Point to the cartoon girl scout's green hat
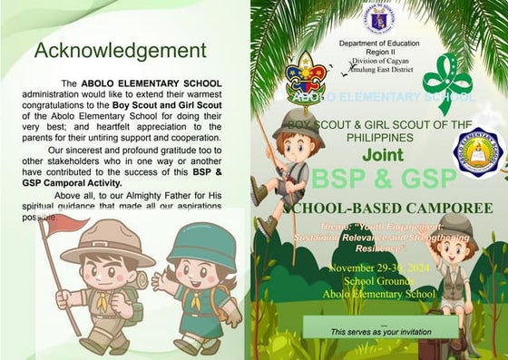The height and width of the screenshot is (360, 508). [202, 244]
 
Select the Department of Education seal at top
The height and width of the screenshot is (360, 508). [378, 17]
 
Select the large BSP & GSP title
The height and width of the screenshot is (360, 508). [379, 179]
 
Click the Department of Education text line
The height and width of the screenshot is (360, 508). [379, 44]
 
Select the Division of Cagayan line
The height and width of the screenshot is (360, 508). [379, 60]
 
